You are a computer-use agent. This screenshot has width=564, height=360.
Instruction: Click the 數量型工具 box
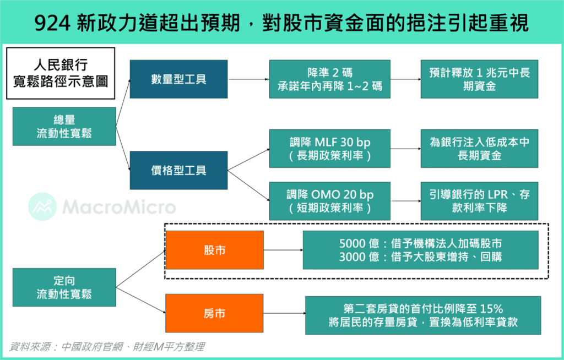[x=179, y=79]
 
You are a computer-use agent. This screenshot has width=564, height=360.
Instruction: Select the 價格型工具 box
[x=179, y=170]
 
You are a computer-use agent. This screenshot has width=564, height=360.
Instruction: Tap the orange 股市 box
[x=215, y=250]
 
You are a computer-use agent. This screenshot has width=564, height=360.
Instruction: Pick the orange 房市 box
[x=214, y=313]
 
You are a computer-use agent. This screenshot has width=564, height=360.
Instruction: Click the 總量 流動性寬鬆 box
[x=64, y=126]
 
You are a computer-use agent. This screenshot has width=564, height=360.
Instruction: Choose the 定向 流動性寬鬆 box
[x=64, y=287]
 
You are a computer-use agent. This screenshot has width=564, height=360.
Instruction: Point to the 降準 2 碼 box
[x=330, y=79]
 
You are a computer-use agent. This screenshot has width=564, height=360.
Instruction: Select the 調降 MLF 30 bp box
[x=330, y=149]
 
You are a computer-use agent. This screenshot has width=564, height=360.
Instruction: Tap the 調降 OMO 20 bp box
[x=330, y=201]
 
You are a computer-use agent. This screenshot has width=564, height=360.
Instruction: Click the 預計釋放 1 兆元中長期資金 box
[x=480, y=79]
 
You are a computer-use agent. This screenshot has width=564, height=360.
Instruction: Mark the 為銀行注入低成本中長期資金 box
[x=480, y=149]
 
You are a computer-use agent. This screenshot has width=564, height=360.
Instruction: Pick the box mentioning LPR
[x=480, y=201]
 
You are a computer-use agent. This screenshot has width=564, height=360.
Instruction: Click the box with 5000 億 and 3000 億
[x=420, y=250]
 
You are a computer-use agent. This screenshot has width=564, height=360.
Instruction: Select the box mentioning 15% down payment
[x=423, y=315]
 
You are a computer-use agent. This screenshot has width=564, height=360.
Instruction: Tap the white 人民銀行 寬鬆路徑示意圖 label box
[x=61, y=73]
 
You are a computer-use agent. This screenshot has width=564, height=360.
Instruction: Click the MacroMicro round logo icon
[x=42, y=206]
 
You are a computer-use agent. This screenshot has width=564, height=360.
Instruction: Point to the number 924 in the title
[x=51, y=23]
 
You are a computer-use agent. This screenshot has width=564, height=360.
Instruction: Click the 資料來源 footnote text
[x=107, y=347]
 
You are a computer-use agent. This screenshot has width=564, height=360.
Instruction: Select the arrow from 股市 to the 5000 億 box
[x=284, y=250]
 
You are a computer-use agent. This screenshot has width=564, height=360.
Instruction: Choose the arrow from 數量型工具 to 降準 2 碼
[x=248, y=79]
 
